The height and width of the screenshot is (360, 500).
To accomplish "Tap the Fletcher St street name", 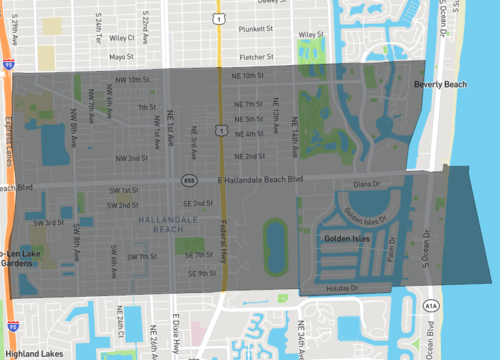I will coord(264,56).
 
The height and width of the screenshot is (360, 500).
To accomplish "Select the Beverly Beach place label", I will coord(440,85).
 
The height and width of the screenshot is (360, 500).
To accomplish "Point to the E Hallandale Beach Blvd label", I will coord(260,179).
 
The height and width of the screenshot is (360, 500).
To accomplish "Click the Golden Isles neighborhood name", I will coord(347,239).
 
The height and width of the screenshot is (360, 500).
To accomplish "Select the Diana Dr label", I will coord(368,185).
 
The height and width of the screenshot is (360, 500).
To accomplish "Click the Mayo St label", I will coord(121,56).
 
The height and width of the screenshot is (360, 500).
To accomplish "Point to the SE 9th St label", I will coord(200,273).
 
